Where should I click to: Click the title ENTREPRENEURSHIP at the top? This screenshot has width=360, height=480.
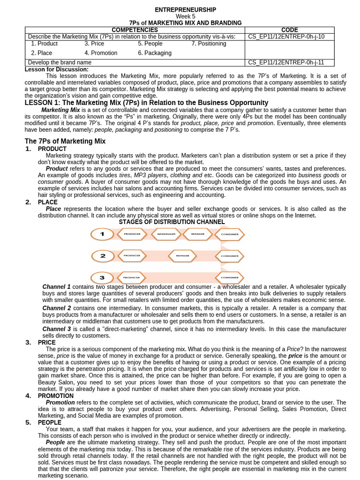point(185,10)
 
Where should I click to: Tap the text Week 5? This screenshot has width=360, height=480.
point(185,16)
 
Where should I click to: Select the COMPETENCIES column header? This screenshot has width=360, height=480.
point(135,30)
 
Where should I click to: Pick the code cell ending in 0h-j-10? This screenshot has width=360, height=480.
point(285,37)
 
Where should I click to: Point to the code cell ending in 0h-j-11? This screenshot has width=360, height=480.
point(285,62)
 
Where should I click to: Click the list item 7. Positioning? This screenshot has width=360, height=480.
point(209,44)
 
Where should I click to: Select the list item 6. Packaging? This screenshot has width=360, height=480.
point(155,53)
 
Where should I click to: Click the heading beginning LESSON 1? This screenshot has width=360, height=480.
point(146,103)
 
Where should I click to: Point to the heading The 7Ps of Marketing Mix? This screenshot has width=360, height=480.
point(65,141)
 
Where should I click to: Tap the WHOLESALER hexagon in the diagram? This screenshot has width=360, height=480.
point(166,234)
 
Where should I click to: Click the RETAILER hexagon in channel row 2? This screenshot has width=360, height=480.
point(182,256)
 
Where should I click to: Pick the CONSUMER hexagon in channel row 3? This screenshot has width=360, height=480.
point(230,277)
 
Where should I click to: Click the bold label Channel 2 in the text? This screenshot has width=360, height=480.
point(56,308)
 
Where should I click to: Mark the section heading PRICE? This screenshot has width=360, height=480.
point(46,342)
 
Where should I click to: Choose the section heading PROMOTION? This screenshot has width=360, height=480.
point(53,396)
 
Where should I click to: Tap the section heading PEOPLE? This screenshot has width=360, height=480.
point(49,422)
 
